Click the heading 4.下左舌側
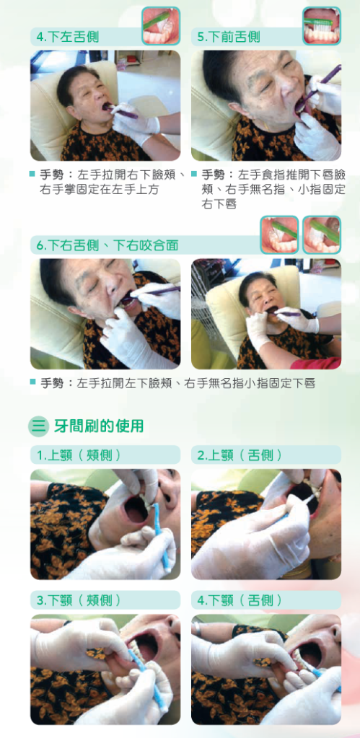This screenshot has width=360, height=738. (x=68, y=37)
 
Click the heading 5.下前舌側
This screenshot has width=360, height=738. (x=229, y=37)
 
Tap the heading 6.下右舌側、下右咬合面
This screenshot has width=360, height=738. (x=107, y=245)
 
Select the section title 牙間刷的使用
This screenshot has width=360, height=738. (x=98, y=426)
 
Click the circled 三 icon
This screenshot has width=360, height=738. (x=38, y=426)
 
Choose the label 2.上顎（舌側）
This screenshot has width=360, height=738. (x=240, y=455)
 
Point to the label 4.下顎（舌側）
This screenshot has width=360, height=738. (x=240, y=600)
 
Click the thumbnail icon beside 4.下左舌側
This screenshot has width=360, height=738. (x=161, y=26)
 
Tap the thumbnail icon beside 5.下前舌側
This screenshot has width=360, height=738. (x=322, y=26)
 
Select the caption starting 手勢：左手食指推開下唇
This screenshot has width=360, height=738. (x=269, y=189)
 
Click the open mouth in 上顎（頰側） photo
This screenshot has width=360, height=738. (x=136, y=509)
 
